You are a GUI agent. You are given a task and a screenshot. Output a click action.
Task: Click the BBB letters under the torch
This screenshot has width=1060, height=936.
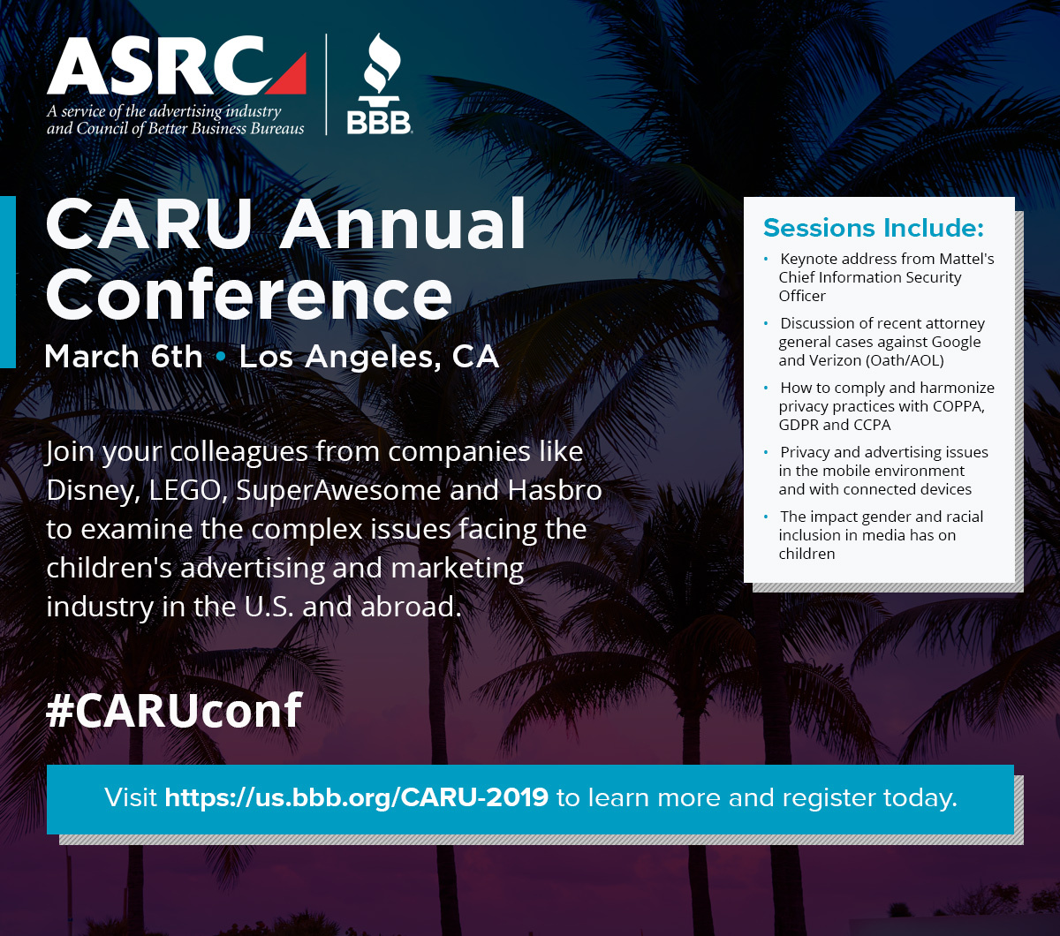379,123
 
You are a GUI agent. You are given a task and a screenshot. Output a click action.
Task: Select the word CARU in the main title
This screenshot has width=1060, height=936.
149,224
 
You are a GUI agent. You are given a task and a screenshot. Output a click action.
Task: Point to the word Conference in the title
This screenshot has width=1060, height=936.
248,294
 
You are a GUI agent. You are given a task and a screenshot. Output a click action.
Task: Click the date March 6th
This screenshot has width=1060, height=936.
124,357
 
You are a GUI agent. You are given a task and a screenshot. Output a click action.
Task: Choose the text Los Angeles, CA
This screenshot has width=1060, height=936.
369,358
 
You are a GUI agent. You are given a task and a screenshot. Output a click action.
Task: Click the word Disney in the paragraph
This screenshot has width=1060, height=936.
93,491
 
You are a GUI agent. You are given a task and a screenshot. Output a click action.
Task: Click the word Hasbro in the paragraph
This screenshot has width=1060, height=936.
555,490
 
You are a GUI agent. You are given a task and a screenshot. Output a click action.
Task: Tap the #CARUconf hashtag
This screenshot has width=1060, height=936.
174,710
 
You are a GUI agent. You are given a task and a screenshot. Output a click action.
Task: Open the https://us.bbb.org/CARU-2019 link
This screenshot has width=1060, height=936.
356,798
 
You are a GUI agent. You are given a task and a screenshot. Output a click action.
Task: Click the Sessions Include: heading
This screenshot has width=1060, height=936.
874,228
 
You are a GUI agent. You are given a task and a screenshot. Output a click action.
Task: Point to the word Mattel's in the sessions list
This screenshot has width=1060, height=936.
966,259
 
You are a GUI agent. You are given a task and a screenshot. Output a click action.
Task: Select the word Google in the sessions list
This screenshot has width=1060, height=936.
956,343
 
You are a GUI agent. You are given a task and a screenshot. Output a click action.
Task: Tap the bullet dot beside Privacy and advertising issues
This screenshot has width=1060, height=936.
766,451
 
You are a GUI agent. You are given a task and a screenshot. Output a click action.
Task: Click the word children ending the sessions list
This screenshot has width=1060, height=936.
806,554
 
